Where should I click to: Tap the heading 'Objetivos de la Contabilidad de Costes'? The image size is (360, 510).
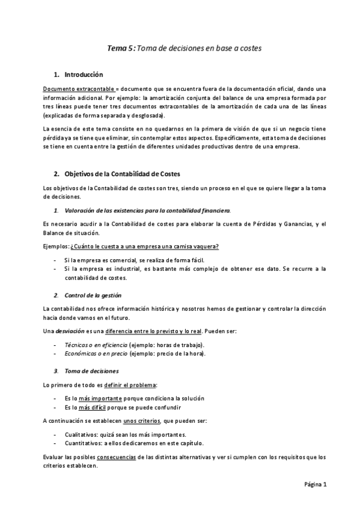[x=117, y=174]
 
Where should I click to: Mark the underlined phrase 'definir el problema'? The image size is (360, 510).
[x=139, y=384]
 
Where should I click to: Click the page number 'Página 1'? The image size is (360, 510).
[x=315, y=484]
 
